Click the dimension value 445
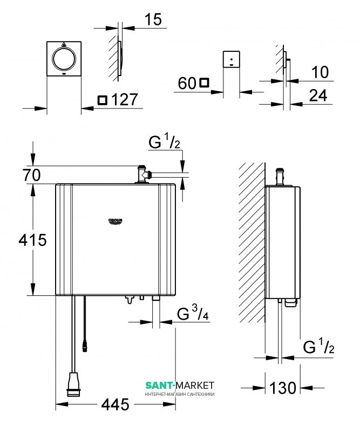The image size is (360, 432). [115, 404]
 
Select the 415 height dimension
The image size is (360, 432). [32, 240]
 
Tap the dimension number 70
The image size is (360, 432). [31, 175]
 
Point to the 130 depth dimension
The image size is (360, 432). [283, 388]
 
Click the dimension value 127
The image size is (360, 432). [125, 99]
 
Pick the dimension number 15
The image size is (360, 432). [153, 19]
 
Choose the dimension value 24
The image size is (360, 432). [318, 96]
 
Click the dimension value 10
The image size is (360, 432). [320, 72]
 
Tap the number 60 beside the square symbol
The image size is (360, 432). [187, 83]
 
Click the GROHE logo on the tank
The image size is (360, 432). [116, 221]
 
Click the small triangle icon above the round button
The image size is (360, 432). [64, 44]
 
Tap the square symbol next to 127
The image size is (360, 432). [103, 100]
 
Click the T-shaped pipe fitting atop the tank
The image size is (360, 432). [143, 174]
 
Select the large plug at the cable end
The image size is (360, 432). [74, 384]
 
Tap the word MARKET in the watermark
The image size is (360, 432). [195, 385]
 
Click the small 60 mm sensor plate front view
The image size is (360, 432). [232, 59]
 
